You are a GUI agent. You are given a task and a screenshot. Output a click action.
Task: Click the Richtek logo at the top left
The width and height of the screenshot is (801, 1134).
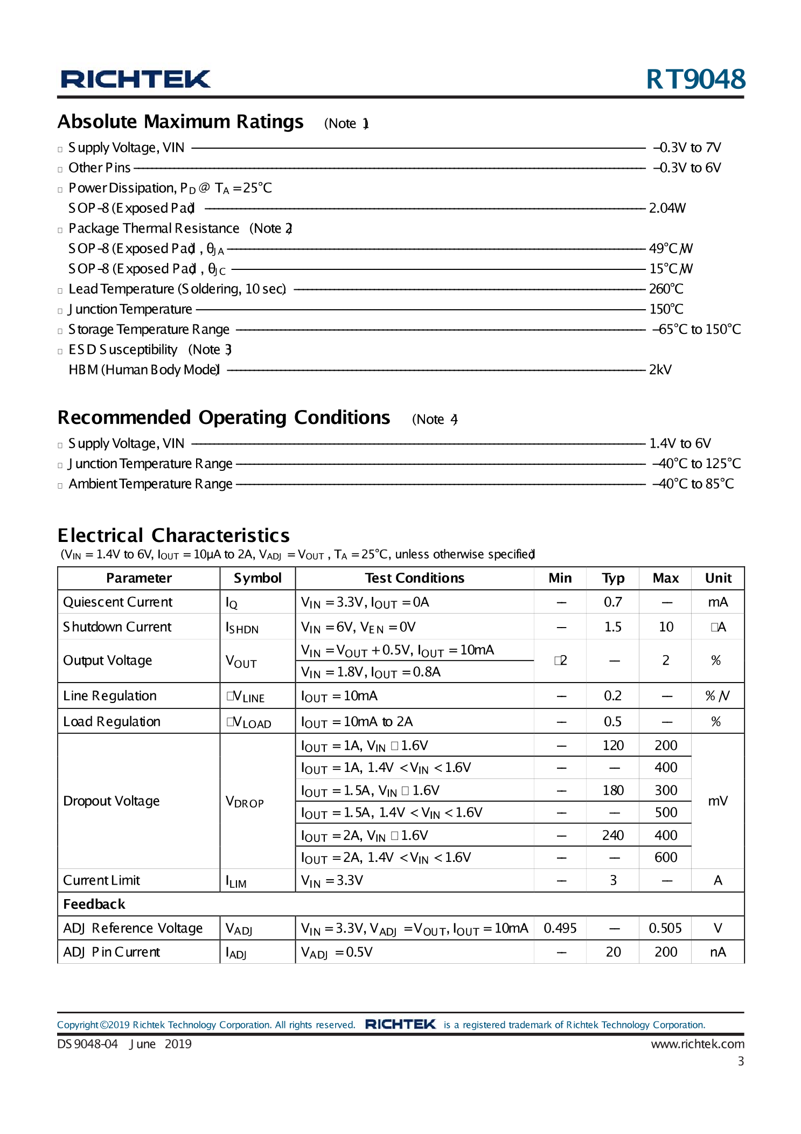click(135, 79)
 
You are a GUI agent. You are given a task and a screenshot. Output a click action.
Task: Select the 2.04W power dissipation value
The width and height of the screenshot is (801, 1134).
click(667, 208)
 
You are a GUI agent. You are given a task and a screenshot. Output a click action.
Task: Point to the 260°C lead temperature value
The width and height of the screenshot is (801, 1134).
click(666, 289)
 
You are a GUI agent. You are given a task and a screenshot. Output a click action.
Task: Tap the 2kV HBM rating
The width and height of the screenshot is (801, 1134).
click(660, 370)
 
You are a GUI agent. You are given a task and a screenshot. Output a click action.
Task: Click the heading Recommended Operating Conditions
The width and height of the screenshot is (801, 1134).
click(224, 418)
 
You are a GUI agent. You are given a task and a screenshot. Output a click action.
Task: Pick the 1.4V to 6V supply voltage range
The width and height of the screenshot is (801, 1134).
click(680, 443)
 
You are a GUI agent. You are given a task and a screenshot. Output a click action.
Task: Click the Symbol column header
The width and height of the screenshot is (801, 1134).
click(257, 578)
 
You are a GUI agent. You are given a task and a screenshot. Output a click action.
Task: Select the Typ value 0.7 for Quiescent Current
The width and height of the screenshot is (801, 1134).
click(612, 602)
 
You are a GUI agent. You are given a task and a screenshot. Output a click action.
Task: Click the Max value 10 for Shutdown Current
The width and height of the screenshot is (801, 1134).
click(666, 627)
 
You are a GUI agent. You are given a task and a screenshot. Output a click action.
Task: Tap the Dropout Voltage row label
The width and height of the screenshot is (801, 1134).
click(112, 801)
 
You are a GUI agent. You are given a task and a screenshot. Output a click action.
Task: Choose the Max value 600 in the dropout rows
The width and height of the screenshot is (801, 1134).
click(666, 857)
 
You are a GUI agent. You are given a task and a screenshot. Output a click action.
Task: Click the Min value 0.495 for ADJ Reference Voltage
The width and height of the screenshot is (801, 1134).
click(560, 928)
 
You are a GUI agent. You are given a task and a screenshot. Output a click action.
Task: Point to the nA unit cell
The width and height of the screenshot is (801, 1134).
click(718, 952)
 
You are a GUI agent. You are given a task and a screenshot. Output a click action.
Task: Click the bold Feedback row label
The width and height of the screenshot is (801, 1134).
click(94, 904)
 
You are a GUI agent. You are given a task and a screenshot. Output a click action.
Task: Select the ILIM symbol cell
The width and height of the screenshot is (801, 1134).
click(236, 881)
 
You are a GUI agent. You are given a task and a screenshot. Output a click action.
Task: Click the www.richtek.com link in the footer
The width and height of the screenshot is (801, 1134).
click(697, 1044)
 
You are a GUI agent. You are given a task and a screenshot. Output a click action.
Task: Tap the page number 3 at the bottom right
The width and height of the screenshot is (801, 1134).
click(741, 1061)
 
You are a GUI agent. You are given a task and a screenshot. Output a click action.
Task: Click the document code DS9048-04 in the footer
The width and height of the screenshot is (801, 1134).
click(87, 1044)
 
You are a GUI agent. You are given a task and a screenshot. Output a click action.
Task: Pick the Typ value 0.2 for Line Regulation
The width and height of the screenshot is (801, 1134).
click(612, 695)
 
